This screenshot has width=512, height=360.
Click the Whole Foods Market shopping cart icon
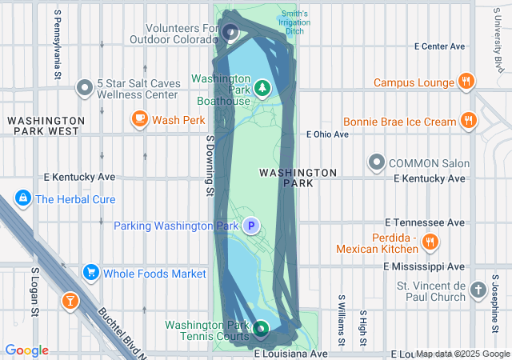[x=91, y=273]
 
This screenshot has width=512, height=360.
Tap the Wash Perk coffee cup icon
[x=139, y=120]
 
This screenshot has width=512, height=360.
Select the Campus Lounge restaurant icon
[x=466, y=82]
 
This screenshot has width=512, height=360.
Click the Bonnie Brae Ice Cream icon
[x=469, y=122]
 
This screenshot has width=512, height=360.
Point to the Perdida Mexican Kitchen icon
[x=430, y=242]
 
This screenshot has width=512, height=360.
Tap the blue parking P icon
[x=251, y=226]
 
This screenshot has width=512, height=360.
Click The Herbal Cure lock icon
[x=22, y=198]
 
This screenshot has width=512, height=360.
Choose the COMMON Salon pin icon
[x=377, y=162]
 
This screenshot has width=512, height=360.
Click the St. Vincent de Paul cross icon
[x=478, y=290]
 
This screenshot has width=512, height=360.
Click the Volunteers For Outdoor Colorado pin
[x=230, y=33]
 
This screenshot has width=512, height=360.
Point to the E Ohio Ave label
[x=328, y=134]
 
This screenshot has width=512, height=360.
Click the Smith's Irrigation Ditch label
[x=294, y=23]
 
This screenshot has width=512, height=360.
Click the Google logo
[x=27, y=350]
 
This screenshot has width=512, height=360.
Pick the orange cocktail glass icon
[x=70, y=300]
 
